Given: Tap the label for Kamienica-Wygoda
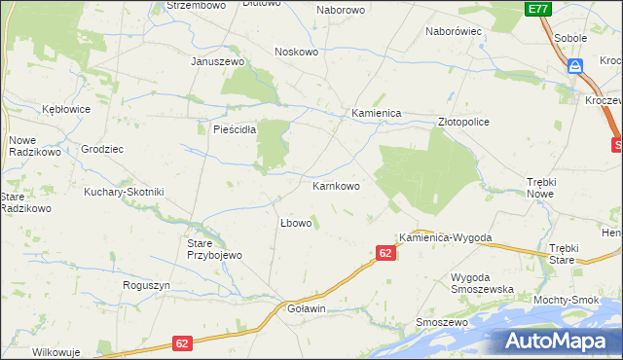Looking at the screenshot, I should pos(445,237).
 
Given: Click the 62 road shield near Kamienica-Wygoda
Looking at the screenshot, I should pos(385,253).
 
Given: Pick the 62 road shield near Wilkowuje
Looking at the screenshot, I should pos(183,343).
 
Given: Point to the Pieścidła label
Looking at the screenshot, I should pos(228,128).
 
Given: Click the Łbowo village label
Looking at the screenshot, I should pos(295,223).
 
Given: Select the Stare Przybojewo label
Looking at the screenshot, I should pos(213,249).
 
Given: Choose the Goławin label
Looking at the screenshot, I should pos(306,308).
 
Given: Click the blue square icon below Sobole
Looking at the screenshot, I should pos(575,66).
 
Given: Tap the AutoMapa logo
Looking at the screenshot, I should pos(559,342).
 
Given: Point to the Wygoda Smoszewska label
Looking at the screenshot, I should pos(482,283).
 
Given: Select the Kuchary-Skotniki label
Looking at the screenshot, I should pos(124,192).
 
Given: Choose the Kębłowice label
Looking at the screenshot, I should pos(65,109).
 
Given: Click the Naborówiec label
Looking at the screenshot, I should pos(455,31).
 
